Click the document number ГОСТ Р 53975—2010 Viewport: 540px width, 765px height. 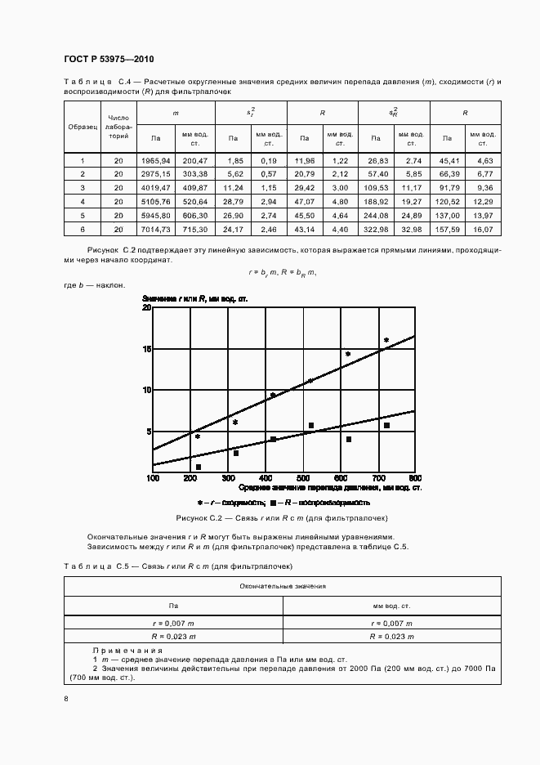pos(109,60)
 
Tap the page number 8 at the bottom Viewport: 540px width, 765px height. pos(66,698)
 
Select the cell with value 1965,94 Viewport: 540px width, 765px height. pos(155,161)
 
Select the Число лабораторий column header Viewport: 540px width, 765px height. pos(118,127)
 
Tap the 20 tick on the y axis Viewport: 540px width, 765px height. pos(147,307)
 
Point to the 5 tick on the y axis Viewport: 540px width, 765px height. pos(149,432)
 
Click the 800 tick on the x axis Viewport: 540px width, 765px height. pos(414,477)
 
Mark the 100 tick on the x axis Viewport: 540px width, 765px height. pos(153,477)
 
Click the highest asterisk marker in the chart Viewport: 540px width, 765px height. pos(386,341)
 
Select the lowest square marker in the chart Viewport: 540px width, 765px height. pos(199,467)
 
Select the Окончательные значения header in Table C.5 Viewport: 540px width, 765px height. pos(283,586)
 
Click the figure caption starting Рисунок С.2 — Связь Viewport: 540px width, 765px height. pos(282,518)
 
